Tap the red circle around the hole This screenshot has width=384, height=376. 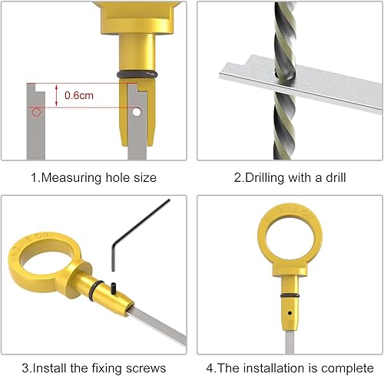35,113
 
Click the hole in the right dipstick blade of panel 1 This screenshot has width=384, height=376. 136,112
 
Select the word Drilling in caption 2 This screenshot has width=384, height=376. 263,178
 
